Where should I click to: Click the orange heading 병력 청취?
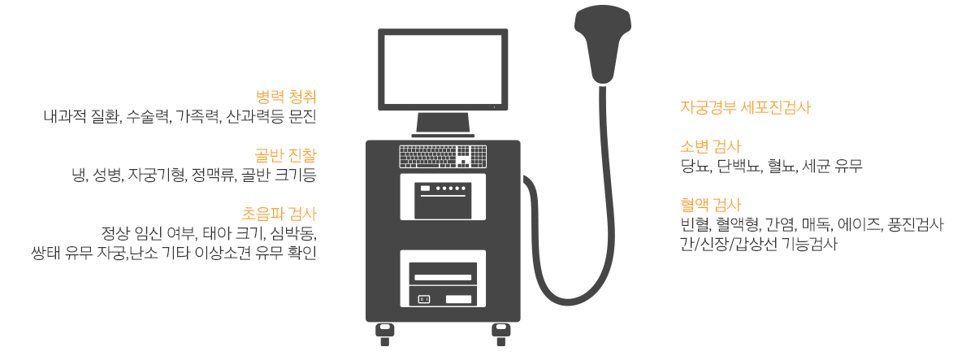click(286, 97)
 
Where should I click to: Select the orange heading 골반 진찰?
click(285, 155)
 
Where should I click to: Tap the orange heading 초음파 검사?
click(279, 214)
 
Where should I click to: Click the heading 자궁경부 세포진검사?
click(745, 107)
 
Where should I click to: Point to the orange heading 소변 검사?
click(710, 147)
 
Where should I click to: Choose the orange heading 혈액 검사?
click(710, 205)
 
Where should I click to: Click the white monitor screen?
click(443, 70)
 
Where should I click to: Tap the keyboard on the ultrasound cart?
click(443, 157)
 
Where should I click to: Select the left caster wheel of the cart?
click(385, 334)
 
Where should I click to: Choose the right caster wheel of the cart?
click(501, 334)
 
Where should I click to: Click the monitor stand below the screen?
click(443, 124)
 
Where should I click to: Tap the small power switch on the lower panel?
click(424, 299)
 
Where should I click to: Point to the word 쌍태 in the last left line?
click(45, 253)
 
